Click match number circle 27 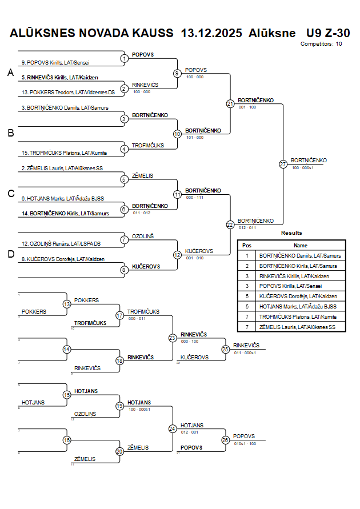point(283,164)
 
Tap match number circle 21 point(230,104)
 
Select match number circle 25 point(226,349)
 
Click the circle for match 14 point(67,349)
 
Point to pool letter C point(10,194)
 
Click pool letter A point(10,73)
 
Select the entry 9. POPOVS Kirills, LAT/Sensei point(55,62)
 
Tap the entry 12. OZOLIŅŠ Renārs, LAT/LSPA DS point(61,244)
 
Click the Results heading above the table point(291,233)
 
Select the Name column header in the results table point(301,245)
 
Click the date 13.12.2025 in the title point(211,33)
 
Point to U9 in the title point(314,33)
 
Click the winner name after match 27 point(309,161)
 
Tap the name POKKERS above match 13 point(86,300)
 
